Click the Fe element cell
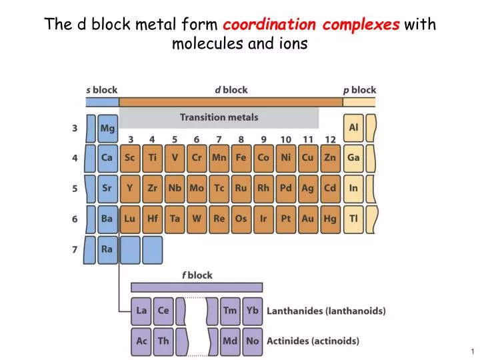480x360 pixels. click(241, 158)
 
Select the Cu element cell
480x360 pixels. click(307, 158)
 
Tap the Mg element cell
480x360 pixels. click(107, 127)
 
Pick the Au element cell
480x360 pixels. click(307, 218)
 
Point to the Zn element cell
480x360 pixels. click(330, 158)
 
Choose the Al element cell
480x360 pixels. click(353, 127)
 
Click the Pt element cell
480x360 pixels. click(285, 218)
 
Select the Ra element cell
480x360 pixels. click(107, 249)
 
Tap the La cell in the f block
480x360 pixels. click(142, 311)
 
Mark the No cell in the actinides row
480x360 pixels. click(252, 341)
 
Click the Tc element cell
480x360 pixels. click(219, 188)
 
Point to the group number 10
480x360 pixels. click(285, 139)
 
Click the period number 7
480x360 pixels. click(75, 249)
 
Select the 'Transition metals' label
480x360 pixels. click(219, 117)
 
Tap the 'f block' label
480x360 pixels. click(197, 275)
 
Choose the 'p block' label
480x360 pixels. click(359, 90)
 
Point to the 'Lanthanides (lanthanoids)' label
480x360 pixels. click(326, 311)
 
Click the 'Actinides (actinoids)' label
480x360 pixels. click(313, 341)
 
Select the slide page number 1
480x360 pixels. click(471, 351)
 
